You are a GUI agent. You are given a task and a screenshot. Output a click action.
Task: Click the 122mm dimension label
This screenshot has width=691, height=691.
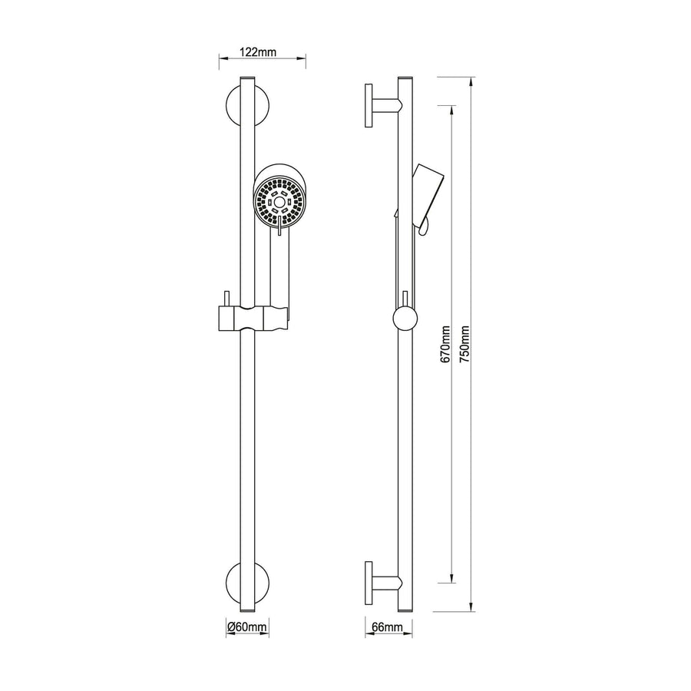tap(257, 52)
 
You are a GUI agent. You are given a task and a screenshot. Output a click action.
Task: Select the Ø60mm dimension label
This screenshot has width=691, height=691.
tap(248, 626)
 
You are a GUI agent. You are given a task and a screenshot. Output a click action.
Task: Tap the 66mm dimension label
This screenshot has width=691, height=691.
tap(387, 627)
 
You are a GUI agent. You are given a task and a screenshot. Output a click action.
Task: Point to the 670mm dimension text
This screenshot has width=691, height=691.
tap(445, 344)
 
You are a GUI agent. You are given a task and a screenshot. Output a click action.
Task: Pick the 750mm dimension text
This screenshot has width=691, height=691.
tap(465, 344)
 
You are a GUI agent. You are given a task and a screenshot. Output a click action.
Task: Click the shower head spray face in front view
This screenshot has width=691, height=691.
tap(279, 202)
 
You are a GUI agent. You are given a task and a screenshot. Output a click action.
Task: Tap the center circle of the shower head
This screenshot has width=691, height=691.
tap(279, 202)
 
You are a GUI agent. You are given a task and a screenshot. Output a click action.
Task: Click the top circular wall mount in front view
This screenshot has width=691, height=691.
tap(247, 106)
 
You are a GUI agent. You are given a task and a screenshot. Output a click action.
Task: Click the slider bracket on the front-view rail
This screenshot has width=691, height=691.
tap(254, 317)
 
